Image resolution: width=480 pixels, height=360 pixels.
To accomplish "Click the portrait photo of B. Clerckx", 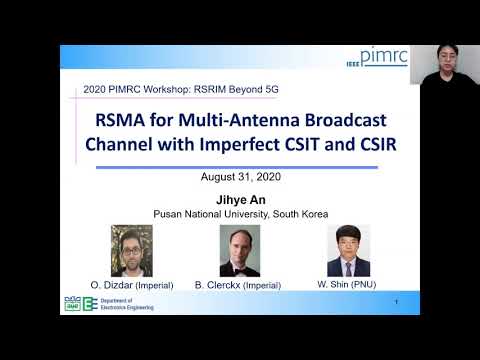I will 240,250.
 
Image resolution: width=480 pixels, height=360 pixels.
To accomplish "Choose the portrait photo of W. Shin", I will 348,250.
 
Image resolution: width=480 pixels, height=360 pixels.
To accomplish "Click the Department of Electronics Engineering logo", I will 101,304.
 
